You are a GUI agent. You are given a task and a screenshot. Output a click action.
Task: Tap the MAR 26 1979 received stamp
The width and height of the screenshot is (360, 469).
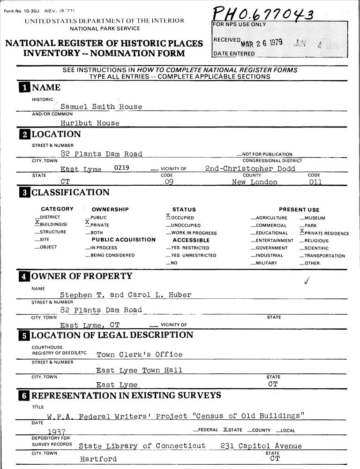coord(262,43)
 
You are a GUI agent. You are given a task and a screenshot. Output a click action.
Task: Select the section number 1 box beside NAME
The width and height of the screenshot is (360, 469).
coord(24,88)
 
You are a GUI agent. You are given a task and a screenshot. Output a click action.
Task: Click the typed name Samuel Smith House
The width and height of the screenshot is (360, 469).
coord(101,106)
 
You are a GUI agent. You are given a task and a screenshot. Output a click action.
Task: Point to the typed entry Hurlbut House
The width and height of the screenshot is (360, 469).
coord(90,123)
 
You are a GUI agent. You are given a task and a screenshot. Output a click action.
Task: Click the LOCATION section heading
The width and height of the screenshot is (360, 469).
coord(56,134)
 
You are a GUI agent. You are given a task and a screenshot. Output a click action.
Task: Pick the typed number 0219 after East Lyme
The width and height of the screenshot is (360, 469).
coord(122,167)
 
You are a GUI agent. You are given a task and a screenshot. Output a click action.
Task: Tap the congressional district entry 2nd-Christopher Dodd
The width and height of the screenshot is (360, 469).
coord(250,168)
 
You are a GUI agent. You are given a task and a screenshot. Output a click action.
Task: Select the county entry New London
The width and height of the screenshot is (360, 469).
coord(255,182)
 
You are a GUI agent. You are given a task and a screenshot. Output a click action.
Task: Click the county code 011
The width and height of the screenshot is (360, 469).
coord(315,182)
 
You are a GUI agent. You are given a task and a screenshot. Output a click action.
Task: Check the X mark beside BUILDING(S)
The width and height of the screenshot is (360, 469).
coord(37,223)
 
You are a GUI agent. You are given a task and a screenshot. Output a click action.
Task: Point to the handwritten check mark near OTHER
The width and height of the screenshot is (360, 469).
coord(307,281)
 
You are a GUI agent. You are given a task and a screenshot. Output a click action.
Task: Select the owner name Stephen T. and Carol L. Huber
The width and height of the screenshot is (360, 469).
coord(126,295)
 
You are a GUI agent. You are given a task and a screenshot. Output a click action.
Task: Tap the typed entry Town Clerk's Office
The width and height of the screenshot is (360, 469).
coord(139,355)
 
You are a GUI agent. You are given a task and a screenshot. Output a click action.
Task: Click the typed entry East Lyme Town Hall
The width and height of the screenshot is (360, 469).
coord(139,371)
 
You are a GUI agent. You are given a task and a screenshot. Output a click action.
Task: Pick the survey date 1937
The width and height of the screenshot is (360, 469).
coord(56,431)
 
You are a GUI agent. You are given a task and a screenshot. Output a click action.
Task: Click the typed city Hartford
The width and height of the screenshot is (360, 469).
coord(98,459)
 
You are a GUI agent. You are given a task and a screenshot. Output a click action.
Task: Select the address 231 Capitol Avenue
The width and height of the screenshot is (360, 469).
coord(261,446)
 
